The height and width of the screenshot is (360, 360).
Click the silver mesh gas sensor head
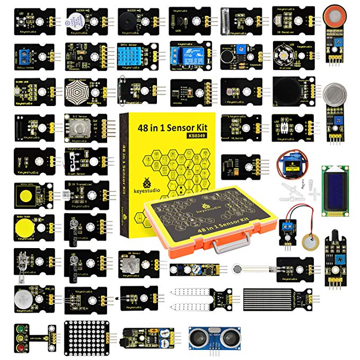point(334,92)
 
